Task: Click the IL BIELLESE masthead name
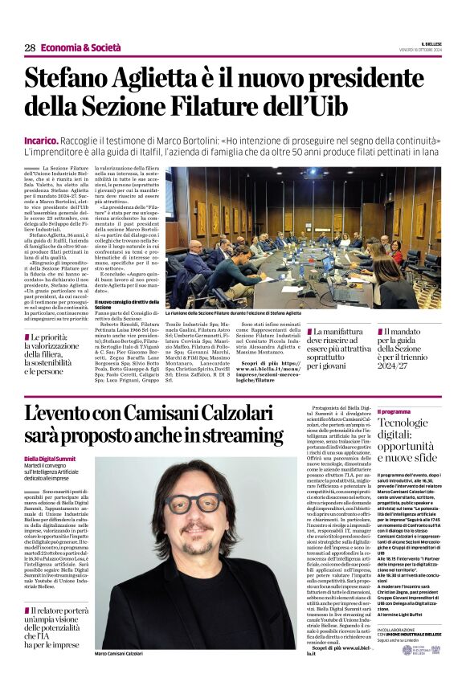pos(426,44)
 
